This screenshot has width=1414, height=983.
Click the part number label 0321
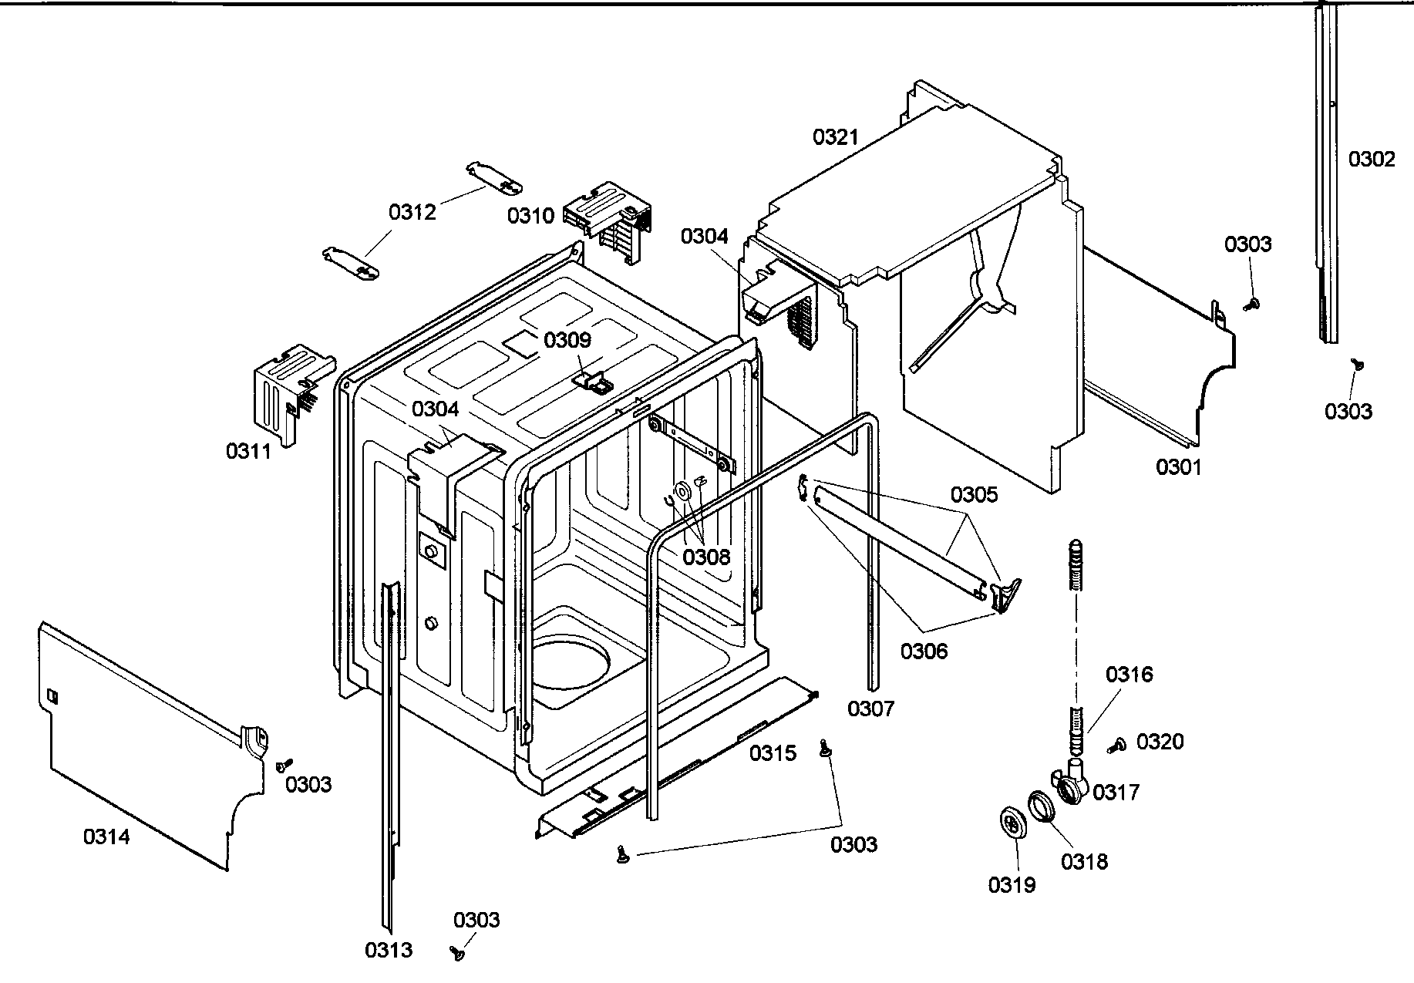click(835, 137)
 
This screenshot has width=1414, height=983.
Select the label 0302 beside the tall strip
click(1372, 159)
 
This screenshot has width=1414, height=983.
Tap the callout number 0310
click(530, 215)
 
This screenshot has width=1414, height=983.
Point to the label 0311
click(248, 451)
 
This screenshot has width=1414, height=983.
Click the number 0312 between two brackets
click(412, 212)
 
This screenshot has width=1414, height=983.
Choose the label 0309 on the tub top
click(567, 340)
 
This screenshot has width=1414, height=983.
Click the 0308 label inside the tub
click(705, 557)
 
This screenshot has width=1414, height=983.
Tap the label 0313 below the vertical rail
click(389, 950)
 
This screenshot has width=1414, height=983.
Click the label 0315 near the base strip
click(773, 752)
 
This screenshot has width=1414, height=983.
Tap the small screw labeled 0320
click(1116, 745)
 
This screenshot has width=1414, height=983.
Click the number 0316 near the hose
click(1129, 675)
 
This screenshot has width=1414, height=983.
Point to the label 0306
click(924, 651)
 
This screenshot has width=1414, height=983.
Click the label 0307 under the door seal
click(871, 708)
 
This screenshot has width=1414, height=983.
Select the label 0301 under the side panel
click(1179, 466)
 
